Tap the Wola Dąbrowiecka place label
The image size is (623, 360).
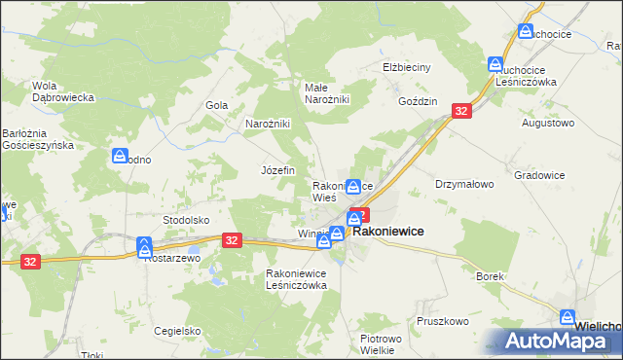[62, 90]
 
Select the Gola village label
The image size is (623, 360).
[216, 105]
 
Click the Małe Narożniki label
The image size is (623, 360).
[327, 92]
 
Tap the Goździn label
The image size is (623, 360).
[418, 101]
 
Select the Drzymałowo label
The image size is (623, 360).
[464, 183]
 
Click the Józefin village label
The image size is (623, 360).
[277, 169]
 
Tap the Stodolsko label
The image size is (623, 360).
[187, 220]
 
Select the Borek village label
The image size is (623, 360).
[490, 276]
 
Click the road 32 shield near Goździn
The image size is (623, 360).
[461, 112]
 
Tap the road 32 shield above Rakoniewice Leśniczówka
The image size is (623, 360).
[232, 239]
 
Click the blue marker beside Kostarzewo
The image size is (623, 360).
[144, 246]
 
